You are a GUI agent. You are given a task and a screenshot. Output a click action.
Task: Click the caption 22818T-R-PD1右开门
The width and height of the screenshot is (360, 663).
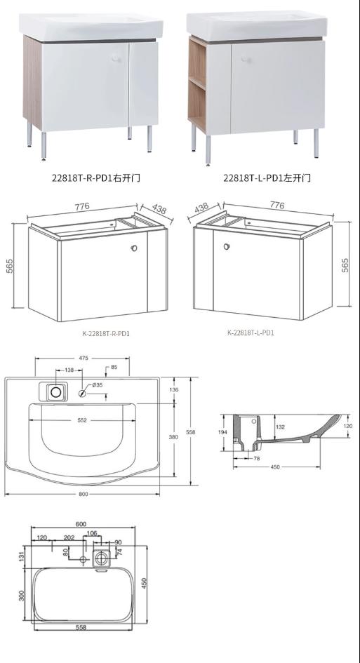point(95,178)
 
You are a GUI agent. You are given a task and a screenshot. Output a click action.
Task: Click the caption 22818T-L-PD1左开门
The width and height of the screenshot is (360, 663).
point(267,178)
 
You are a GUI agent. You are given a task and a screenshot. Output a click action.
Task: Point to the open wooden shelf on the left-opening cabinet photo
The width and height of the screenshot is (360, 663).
point(197,84)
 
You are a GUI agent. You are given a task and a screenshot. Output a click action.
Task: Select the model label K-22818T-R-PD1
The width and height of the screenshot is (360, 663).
point(106,333)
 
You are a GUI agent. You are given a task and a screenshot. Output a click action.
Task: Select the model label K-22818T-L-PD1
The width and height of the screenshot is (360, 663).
point(251,333)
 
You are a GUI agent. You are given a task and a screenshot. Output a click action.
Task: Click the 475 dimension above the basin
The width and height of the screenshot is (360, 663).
point(83,359)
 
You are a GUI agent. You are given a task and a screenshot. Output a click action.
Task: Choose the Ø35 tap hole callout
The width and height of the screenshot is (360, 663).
point(96,385)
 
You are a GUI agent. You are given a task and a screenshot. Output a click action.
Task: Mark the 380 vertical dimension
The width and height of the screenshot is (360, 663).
point(174,436)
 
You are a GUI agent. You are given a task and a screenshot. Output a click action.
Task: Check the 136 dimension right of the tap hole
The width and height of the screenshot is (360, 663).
point(174,391)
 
